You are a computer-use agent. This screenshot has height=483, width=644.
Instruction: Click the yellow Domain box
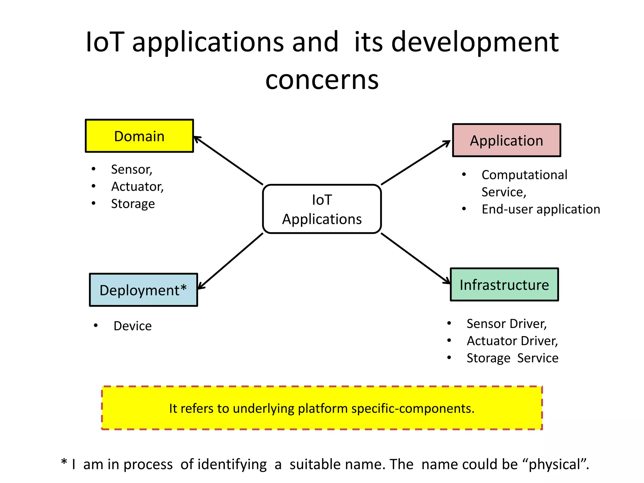point(139,136)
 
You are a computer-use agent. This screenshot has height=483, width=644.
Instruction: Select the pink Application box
point(506,140)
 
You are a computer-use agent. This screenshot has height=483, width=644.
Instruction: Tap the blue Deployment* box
point(143,290)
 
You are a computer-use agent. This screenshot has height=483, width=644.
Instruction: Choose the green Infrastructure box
point(504,285)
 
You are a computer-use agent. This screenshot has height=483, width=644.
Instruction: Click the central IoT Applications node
point(322,209)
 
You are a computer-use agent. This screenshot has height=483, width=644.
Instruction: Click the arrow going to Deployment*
point(230,261)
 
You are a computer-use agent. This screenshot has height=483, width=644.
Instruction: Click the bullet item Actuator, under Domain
point(137,186)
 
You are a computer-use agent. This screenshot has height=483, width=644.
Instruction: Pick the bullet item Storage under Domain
point(133,204)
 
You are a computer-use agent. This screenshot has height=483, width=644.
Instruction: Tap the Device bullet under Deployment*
point(132,326)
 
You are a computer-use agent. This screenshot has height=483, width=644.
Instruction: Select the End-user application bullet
point(541,209)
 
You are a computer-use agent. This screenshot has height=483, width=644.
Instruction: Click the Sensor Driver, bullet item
point(507,324)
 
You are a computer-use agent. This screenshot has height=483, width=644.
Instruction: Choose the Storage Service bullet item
point(512,358)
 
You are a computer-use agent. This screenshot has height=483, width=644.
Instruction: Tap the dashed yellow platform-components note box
point(322,408)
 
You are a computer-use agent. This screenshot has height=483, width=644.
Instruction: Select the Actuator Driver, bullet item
point(512,341)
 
